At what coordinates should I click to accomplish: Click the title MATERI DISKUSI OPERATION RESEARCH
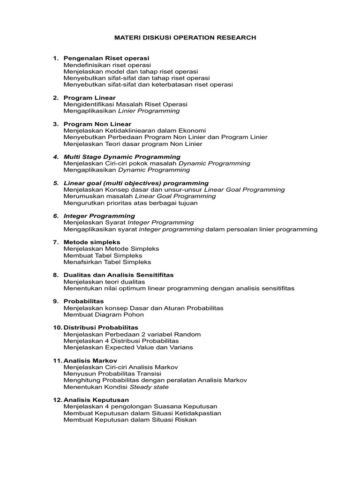point(186,37)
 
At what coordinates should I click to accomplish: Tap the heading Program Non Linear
point(97,124)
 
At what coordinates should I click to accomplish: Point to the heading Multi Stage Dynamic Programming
point(122,157)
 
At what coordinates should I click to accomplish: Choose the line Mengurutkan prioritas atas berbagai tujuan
point(130,203)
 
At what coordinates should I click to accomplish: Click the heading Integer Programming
point(99,216)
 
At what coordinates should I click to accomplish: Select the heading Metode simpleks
point(92,242)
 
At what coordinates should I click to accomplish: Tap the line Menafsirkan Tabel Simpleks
point(107,262)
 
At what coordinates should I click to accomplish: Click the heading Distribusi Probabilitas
point(101,327)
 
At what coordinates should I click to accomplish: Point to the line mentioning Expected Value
point(128,347)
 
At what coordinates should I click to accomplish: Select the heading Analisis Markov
point(90,360)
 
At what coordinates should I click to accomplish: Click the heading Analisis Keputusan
point(96,400)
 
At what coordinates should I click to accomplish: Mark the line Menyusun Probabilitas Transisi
point(112,374)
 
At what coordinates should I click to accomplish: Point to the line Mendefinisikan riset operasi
point(107,64)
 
